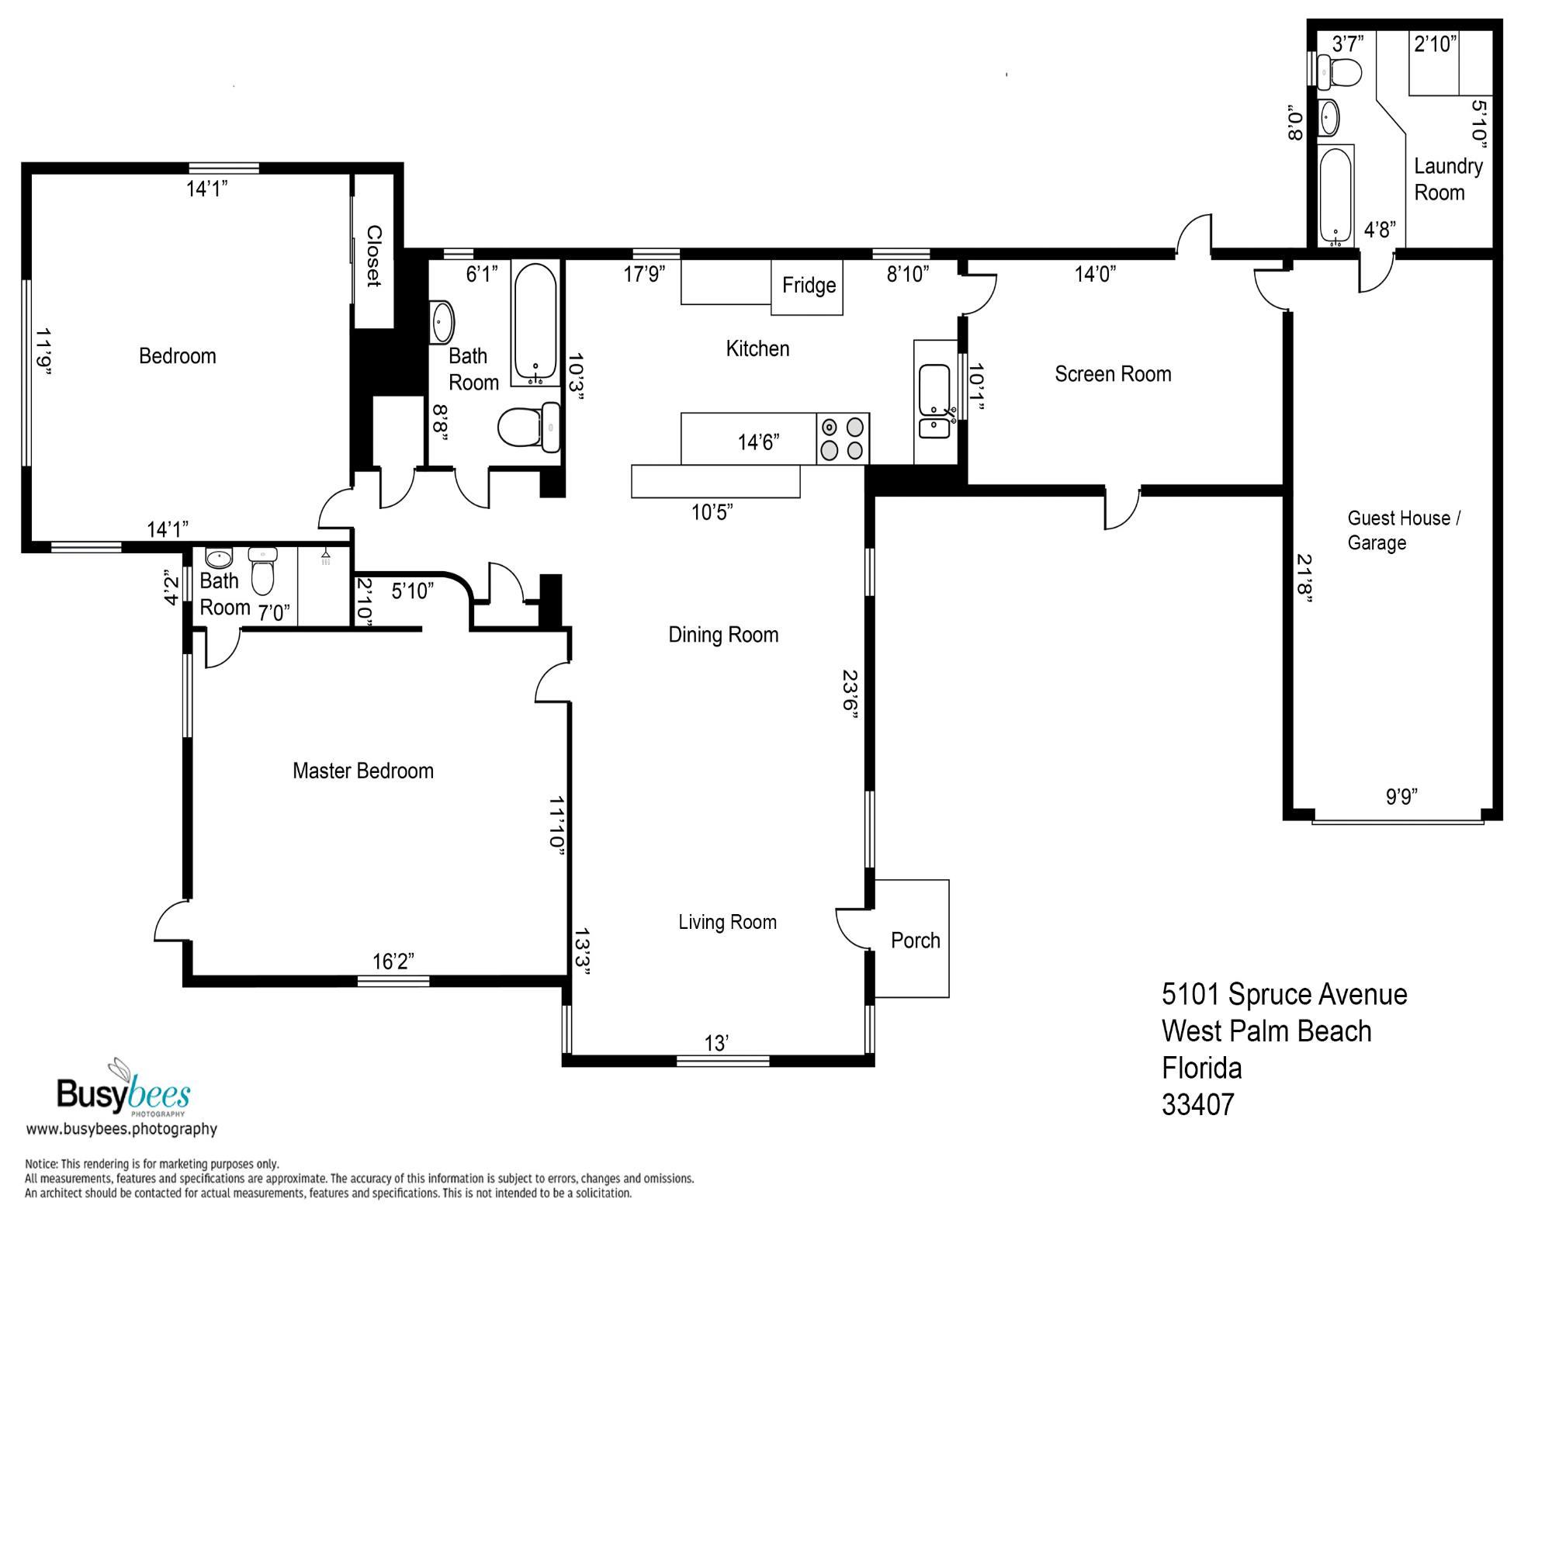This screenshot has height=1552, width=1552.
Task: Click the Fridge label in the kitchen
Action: (808, 285)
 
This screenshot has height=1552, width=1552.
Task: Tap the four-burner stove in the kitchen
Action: (843, 438)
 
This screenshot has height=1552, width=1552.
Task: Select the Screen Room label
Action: (1113, 373)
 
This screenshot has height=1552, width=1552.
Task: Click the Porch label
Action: (915, 940)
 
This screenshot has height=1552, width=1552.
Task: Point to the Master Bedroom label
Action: (363, 771)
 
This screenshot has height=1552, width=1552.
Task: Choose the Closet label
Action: (373, 255)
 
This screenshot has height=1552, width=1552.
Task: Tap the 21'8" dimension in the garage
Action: (1304, 577)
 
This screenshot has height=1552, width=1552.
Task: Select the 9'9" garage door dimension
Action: (1401, 796)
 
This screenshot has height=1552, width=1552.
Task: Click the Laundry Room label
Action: (1448, 179)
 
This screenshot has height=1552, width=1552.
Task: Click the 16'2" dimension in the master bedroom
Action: (393, 961)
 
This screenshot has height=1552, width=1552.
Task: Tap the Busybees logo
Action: (123, 1089)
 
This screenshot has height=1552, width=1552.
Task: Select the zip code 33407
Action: (1197, 1104)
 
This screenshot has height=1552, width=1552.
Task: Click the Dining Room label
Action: (723, 635)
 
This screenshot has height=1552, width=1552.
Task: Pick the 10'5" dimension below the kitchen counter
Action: (712, 511)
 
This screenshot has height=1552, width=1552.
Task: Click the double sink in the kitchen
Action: (935, 402)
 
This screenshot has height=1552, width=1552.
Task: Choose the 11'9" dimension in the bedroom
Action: (43, 351)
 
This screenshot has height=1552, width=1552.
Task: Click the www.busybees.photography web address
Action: (122, 1128)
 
